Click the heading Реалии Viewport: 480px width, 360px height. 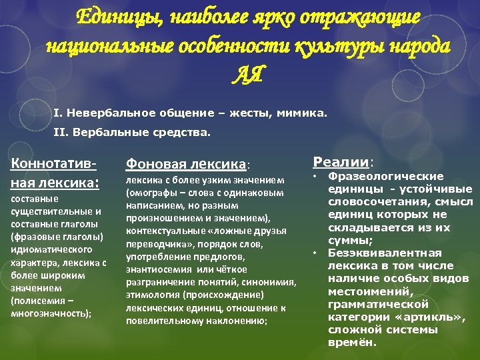(341, 162)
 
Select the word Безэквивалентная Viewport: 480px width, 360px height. (385, 253)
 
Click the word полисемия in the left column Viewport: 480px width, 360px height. (40, 301)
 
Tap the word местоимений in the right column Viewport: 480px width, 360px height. (365, 291)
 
